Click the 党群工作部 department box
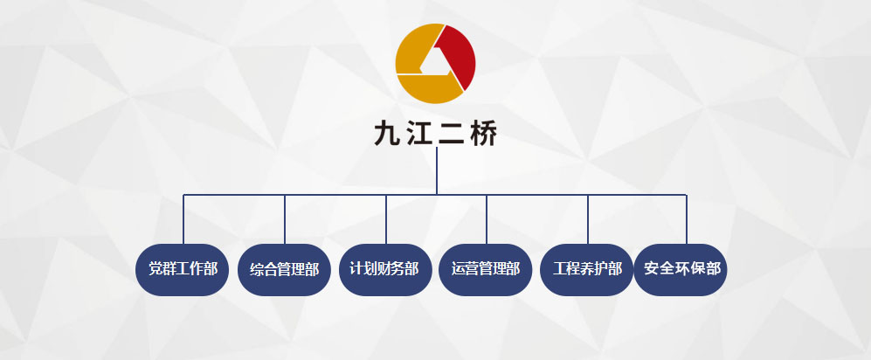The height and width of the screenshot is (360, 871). (x=183, y=269)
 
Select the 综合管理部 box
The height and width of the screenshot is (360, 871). (x=284, y=269)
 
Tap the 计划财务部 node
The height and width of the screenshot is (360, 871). (x=385, y=269)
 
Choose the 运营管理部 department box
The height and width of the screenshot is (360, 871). (x=486, y=269)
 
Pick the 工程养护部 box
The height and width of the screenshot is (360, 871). (x=587, y=269)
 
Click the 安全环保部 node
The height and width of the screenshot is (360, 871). (x=681, y=269)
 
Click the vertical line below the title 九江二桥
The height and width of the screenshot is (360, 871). (x=436, y=170)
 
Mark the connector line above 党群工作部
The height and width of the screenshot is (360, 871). (x=183, y=218)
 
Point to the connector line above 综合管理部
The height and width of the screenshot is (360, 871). (x=285, y=218)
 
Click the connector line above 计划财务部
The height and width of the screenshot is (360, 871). (x=386, y=218)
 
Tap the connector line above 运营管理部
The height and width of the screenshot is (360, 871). (x=487, y=218)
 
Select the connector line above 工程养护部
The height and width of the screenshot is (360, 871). (x=588, y=218)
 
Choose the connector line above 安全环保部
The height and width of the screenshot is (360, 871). (x=687, y=218)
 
